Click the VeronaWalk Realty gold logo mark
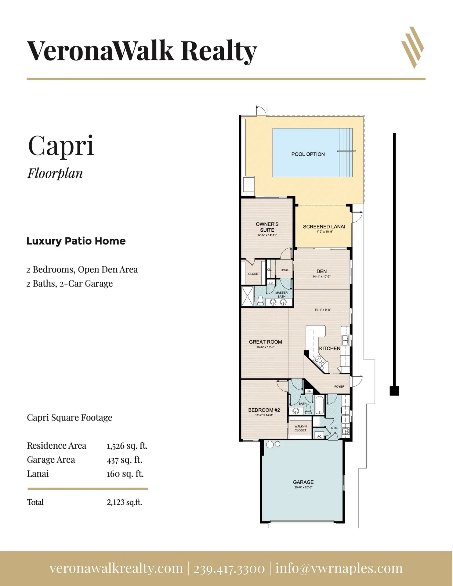point(412,48)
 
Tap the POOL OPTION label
point(308,154)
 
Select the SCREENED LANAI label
point(324,227)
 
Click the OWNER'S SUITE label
point(267,227)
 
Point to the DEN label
point(322,271)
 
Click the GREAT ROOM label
point(266,342)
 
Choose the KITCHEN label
point(330,349)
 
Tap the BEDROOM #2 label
point(264,410)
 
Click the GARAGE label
point(303,482)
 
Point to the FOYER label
point(339,387)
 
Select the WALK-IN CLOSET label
point(301,429)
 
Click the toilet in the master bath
point(260,301)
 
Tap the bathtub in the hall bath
point(320,405)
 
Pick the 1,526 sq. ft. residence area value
point(127,446)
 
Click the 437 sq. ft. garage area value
point(125,460)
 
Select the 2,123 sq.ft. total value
point(125,502)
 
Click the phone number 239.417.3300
point(229,569)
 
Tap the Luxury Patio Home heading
point(76,241)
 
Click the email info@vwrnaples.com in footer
point(339,569)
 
